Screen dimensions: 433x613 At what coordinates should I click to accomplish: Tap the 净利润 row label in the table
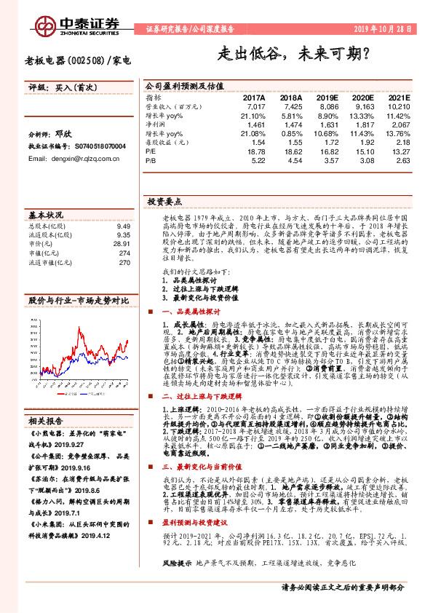(x=155, y=124)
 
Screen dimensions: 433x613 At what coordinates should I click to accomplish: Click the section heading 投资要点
(x=164, y=200)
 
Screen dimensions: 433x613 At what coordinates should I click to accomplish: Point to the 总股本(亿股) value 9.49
(x=123, y=226)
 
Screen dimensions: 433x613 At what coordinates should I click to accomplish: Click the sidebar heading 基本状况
(x=46, y=215)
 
